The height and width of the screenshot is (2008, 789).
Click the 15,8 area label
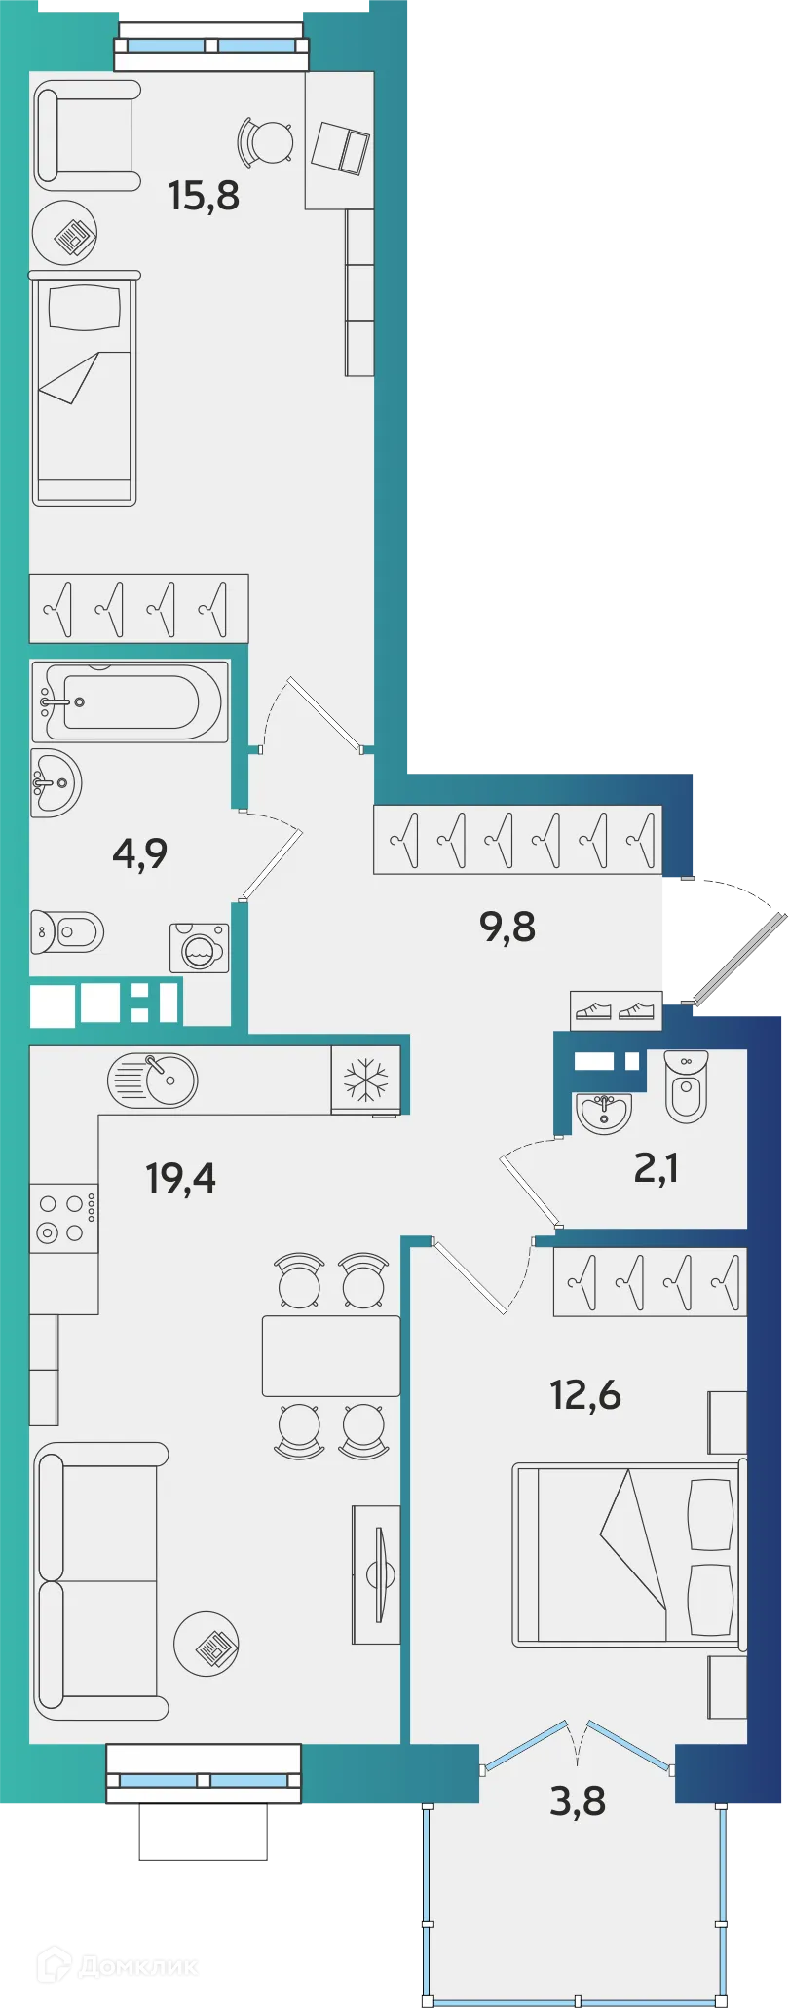tap(204, 196)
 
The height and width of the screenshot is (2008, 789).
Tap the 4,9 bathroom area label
tap(140, 853)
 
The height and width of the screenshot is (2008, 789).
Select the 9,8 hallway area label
tap(507, 927)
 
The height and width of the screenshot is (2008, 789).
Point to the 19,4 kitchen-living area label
tap(181, 1178)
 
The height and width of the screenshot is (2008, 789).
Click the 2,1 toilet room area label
tap(657, 1167)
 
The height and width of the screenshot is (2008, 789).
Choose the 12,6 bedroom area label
tap(585, 1395)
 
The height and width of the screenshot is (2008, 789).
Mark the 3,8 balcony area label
tap(578, 1801)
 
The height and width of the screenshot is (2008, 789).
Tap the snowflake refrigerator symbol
tap(365, 1080)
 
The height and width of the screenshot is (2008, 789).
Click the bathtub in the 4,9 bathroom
tap(130, 701)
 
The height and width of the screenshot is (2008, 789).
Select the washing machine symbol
tap(200, 948)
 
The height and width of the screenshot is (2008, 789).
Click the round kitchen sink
tap(153, 1080)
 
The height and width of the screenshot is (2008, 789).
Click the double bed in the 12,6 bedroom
tap(628, 1554)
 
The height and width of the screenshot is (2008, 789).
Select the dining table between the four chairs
tap(331, 1356)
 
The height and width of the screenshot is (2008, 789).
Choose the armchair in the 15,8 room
tap(89, 134)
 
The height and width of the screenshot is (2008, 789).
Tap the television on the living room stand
tap(378, 1574)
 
